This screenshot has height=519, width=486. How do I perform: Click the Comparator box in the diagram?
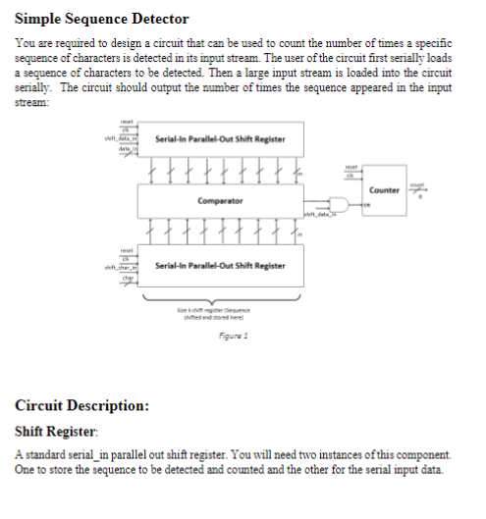[220, 200]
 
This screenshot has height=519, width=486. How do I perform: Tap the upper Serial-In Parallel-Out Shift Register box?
[220, 139]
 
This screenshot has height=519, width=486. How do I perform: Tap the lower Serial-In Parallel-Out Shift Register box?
[220, 266]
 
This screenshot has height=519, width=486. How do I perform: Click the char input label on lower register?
[128, 278]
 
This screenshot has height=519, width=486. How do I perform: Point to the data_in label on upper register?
[127, 150]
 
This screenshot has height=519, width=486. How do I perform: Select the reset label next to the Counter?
[353, 168]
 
